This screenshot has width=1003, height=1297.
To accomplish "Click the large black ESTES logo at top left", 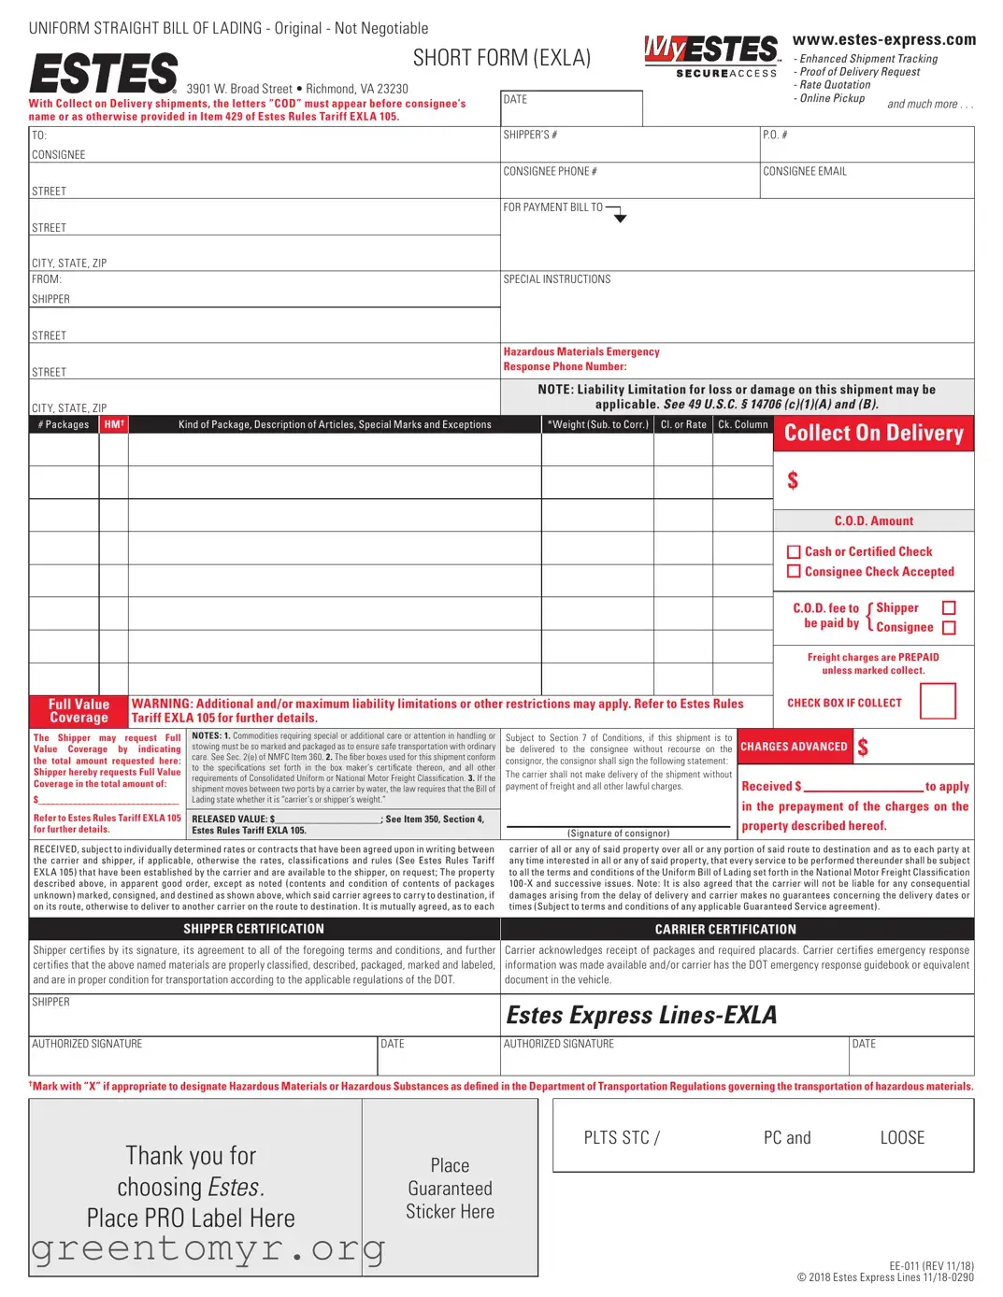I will pyautogui.click(x=103, y=73).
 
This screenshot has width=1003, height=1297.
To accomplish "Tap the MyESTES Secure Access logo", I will pyautogui.click(x=711, y=56).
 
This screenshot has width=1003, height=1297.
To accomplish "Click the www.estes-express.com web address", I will pyautogui.click(x=883, y=39).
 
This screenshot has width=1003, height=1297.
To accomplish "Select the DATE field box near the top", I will pyautogui.click(x=571, y=108).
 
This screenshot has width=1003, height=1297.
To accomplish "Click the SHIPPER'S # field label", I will pyautogui.click(x=530, y=135).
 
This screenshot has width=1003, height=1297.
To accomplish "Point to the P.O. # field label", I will pyautogui.click(x=775, y=135).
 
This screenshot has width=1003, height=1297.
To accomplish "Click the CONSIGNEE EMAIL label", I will pyautogui.click(x=804, y=172).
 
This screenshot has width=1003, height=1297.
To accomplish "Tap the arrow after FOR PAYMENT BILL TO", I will pyautogui.click(x=619, y=217).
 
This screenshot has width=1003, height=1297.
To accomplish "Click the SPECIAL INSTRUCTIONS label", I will pyautogui.click(x=556, y=279).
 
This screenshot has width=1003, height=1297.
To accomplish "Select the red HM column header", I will pyautogui.click(x=114, y=424).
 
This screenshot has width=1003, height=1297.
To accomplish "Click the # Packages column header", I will pyautogui.click(x=64, y=424).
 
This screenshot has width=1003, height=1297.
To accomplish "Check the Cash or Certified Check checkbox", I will pyautogui.click(x=794, y=552).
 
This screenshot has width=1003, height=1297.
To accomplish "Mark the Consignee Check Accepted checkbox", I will pyautogui.click(x=794, y=572).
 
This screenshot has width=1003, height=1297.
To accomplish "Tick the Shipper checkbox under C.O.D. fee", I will pyautogui.click(x=949, y=608).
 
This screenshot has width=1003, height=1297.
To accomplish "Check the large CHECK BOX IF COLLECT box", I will pyautogui.click(x=938, y=701).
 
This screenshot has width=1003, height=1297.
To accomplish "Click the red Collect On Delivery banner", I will pyautogui.click(x=873, y=434).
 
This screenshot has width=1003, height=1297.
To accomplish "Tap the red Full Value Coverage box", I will pyautogui.click(x=79, y=711).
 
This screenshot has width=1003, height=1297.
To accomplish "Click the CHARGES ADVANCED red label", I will pyautogui.click(x=794, y=747).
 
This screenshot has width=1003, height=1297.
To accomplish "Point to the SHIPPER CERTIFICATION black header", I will pyautogui.click(x=253, y=929).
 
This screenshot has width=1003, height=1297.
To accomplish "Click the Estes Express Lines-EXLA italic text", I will pyautogui.click(x=641, y=1015).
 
